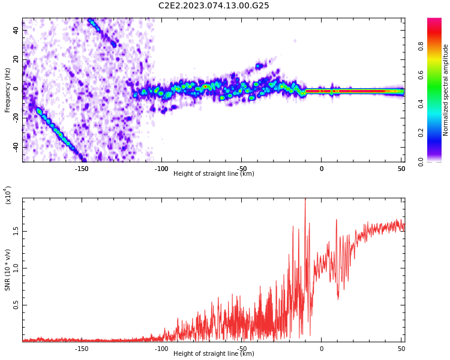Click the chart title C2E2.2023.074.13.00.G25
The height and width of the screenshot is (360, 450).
coord(214,5)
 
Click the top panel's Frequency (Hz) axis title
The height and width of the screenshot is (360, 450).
coord(7,90)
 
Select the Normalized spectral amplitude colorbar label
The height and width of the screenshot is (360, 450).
coord(445,90)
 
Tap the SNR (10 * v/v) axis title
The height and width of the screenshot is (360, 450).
coord(7,269)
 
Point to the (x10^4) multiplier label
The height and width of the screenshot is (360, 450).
coord(8,195)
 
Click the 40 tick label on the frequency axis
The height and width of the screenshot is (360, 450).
coord(16,30)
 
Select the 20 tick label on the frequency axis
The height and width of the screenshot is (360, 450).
coord(16,59)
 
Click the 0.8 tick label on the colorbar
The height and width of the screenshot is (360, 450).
coord(421,46)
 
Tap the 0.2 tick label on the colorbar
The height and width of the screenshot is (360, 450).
coord(421,133)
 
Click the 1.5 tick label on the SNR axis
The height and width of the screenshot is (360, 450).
coord(16,231)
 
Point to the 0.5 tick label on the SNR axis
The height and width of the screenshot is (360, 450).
coord(16,305)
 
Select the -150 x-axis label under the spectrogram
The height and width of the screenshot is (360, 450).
coord(82,169)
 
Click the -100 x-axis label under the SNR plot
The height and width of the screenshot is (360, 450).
coord(161,349)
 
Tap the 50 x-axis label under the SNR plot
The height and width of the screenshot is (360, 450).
coord(401,349)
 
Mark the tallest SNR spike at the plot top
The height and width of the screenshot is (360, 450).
coord(305,199)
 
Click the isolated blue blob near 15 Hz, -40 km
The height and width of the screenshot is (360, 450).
coord(259,66)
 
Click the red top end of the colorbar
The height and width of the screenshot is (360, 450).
coord(434,20)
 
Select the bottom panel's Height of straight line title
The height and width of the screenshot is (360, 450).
coord(214,353)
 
